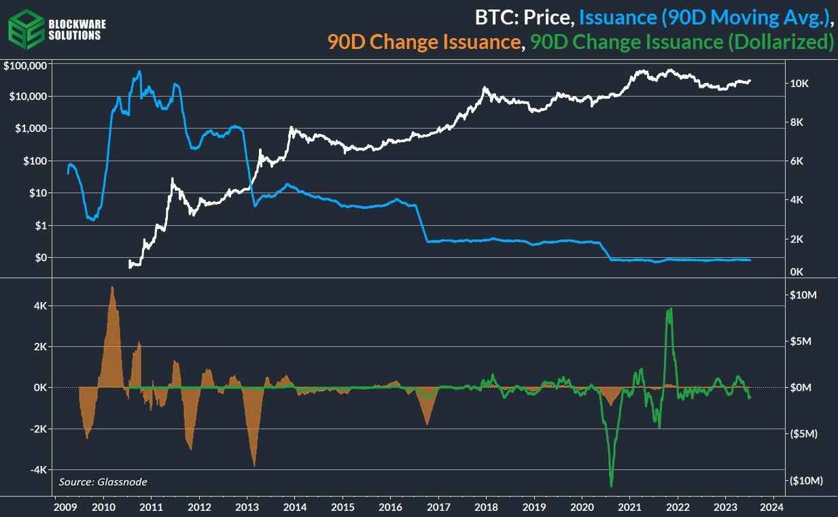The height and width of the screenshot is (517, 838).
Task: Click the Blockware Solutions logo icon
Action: click(x=25, y=29)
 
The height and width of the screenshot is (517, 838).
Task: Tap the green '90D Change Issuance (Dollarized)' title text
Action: click(x=682, y=42)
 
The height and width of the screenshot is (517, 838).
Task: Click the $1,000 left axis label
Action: click(x=30, y=129)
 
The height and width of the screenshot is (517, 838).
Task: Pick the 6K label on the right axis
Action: click(x=797, y=161)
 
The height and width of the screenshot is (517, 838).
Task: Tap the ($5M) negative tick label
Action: click(x=805, y=433)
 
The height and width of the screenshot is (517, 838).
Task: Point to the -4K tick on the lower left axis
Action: click(x=36, y=470)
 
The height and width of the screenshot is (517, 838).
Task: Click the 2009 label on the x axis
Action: click(x=64, y=507)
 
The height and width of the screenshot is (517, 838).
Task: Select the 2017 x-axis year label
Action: click(x=439, y=507)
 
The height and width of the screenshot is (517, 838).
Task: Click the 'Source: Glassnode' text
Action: click(x=103, y=482)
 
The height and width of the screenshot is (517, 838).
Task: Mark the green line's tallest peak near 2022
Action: click(x=671, y=309)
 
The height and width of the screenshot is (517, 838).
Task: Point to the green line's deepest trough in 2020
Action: click(x=611, y=485)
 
